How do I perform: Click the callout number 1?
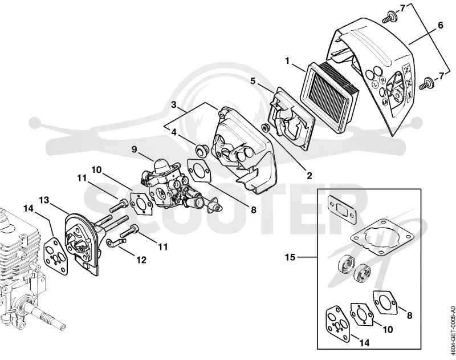(x=287, y=62)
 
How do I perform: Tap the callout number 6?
(x=440, y=25)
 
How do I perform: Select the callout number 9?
(x=134, y=149)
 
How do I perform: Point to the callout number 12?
(x=141, y=260)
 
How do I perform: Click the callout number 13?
(x=45, y=200)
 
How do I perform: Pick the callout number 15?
(x=290, y=257)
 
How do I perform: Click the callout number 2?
(x=309, y=175)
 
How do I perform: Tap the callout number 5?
(x=253, y=80)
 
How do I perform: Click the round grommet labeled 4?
(x=201, y=150)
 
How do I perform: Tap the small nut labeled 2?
(x=266, y=127)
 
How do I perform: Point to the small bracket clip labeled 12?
(x=116, y=242)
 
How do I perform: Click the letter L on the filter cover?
(x=375, y=84)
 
